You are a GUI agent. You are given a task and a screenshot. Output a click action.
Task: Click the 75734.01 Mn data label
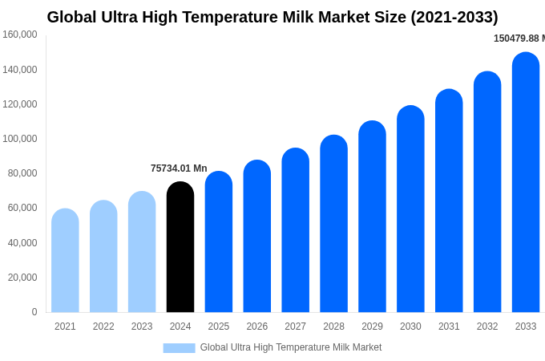tap(179, 168)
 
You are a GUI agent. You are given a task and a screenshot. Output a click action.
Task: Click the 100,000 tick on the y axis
tap(20, 139)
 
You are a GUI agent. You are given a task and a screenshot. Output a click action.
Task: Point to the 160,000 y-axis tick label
tap(20, 34)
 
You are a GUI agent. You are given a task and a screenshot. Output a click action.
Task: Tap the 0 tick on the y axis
tap(34, 312)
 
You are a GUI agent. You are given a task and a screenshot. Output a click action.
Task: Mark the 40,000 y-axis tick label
tap(22, 243)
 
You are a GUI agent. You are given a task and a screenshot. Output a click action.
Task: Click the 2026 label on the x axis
tap(257, 327)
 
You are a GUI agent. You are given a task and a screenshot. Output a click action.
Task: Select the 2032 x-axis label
tap(487, 327)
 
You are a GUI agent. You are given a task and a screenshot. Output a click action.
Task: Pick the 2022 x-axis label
tap(103, 327)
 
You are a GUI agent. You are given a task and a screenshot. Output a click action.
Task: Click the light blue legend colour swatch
tap(179, 348)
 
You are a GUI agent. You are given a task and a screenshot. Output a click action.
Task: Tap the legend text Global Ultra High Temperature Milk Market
tap(291, 347)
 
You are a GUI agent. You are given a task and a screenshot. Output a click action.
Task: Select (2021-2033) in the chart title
tap(454, 17)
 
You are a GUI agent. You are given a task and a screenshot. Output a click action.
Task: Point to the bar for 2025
tap(219, 242)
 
